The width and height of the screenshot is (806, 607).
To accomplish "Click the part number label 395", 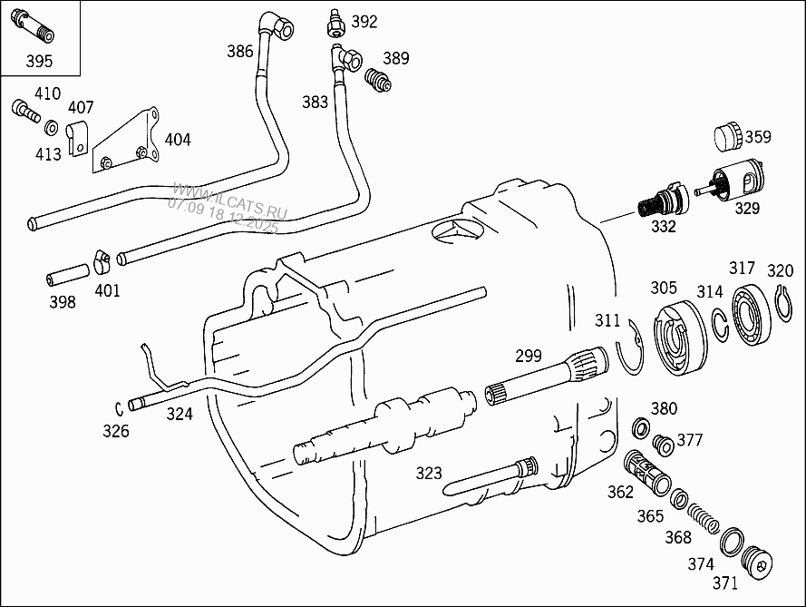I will pyautogui.click(x=39, y=61).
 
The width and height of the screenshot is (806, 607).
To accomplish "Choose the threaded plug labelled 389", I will pyautogui.click(x=377, y=80).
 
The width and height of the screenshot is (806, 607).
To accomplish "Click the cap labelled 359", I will pyautogui.click(x=728, y=137).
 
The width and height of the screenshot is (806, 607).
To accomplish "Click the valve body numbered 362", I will pyautogui.click(x=646, y=471).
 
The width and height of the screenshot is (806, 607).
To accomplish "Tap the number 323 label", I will pyautogui.click(x=429, y=473).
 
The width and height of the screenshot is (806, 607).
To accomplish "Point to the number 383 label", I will pyautogui.click(x=315, y=103).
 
